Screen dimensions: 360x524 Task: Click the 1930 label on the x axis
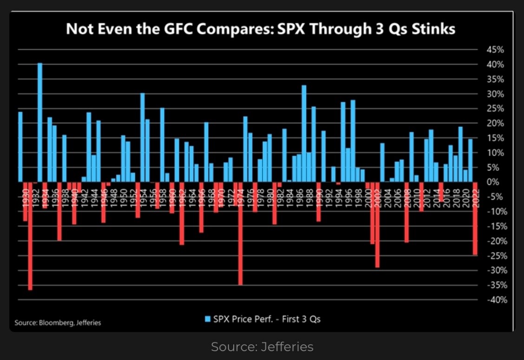20,191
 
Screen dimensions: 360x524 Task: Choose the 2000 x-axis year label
367,191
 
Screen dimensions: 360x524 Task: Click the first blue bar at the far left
20,147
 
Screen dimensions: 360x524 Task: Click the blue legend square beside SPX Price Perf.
207,319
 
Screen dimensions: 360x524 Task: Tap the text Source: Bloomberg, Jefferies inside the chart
58,322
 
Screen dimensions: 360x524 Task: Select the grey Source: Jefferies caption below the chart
262,347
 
